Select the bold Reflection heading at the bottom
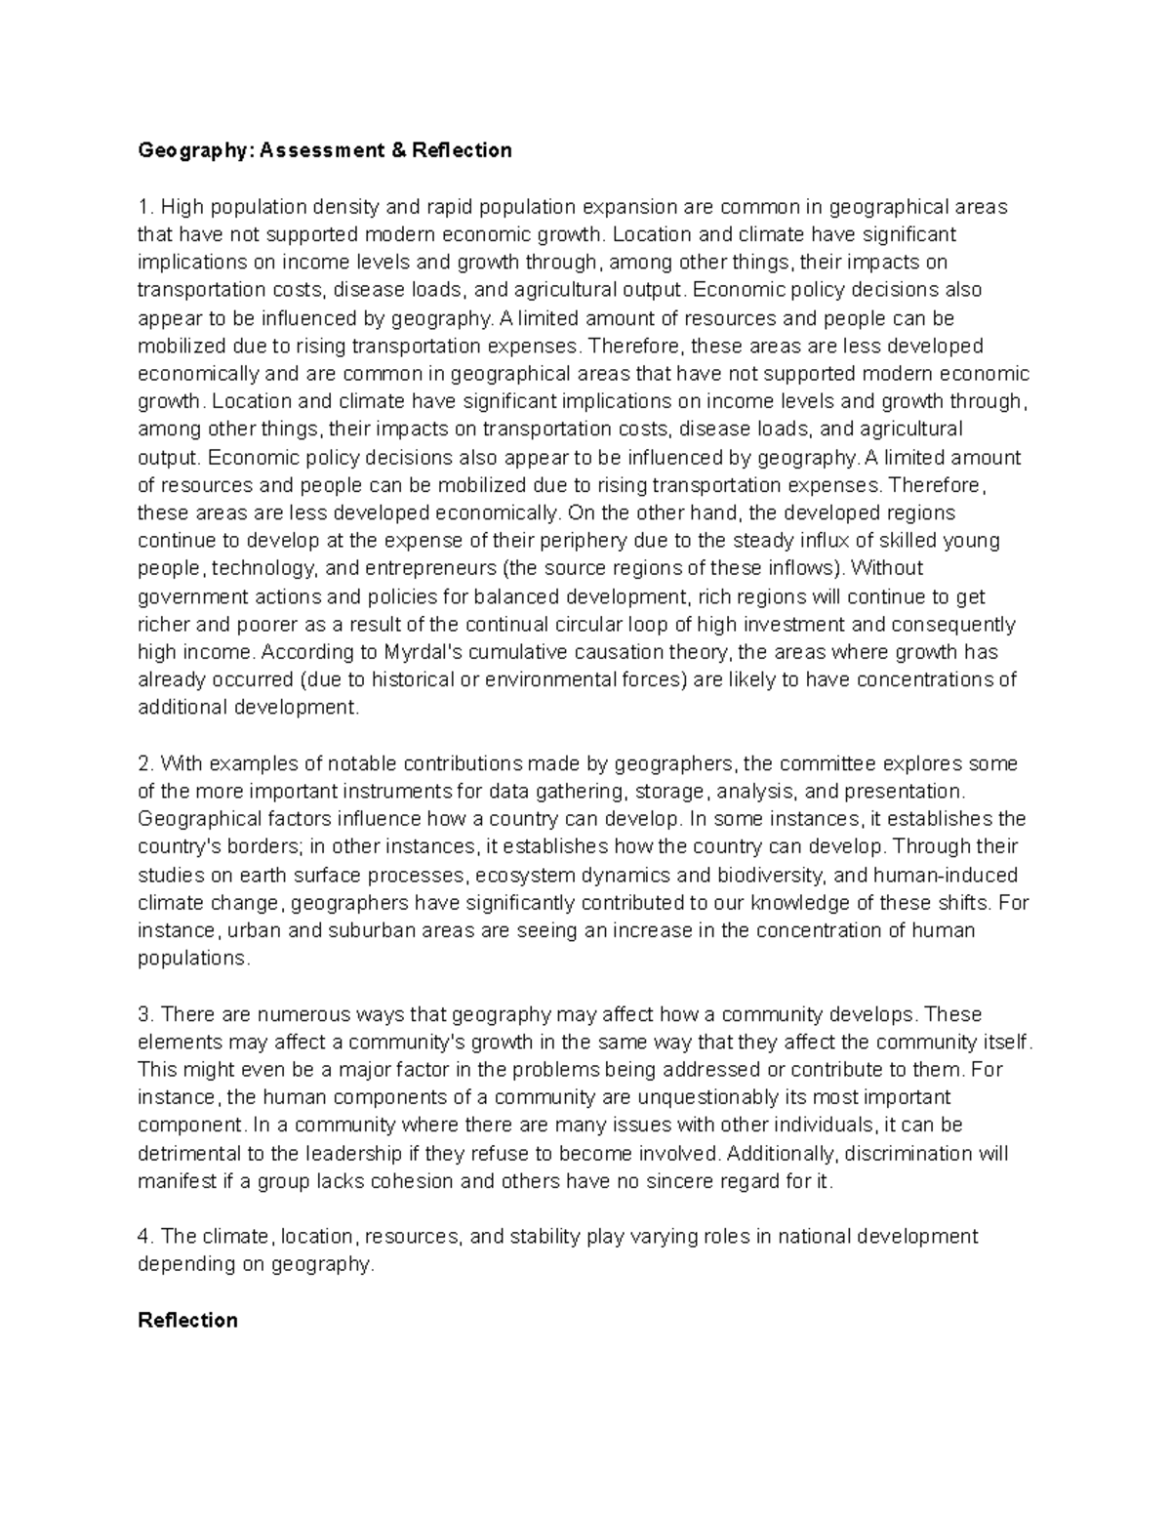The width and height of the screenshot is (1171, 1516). (187, 1320)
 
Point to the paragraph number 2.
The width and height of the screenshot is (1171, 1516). (145, 762)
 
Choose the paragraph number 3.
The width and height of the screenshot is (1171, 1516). (145, 1013)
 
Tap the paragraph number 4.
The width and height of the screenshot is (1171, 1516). (145, 1236)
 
